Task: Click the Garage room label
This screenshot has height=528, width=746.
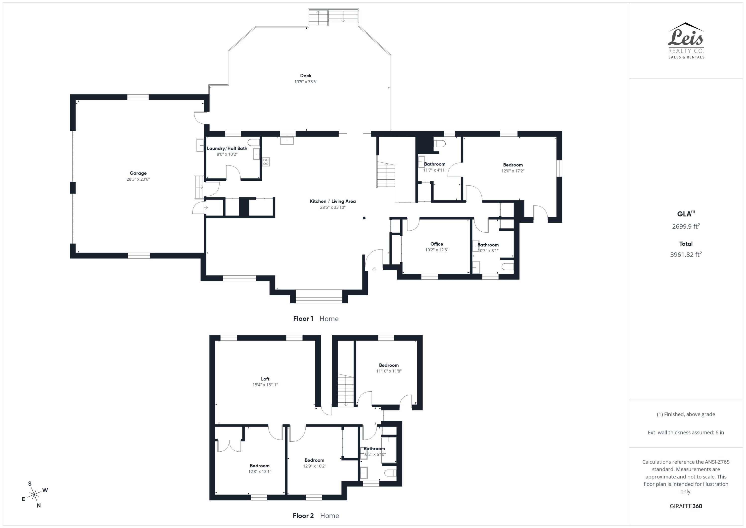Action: (x=138, y=173)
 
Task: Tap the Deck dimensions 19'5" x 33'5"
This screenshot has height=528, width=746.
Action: (x=306, y=82)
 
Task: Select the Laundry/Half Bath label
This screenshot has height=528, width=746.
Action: (x=227, y=148)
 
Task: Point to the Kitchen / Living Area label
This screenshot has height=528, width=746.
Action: (x=333, y=201)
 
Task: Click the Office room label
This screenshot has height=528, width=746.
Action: (x=437, y=244)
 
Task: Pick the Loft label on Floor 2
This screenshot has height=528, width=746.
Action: (x=265, y=379)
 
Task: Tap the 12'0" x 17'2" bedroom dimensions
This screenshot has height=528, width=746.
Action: (x=513, y=171)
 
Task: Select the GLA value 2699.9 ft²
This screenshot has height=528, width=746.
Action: (x=686, y=226)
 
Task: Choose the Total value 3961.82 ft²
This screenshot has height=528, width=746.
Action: (x=686, y=254)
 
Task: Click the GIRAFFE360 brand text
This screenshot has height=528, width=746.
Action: (x=686, y=506)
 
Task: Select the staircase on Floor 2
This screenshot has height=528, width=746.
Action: (x=345, y=390)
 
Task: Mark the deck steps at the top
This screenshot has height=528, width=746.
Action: (x=333, y=17)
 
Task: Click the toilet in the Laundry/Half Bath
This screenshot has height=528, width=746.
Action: (x=253, y=142)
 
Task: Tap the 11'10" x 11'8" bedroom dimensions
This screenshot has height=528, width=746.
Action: (x=389, y=371)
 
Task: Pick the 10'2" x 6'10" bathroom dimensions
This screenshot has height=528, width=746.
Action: (x=374, y=454)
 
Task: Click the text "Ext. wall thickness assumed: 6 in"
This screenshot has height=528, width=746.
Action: (x=686, y=432)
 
